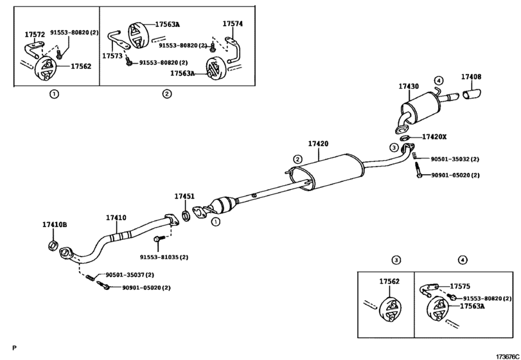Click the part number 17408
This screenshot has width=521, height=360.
471,76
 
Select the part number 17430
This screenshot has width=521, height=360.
409,86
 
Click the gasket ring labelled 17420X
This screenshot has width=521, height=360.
405,138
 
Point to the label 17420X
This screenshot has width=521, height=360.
434,137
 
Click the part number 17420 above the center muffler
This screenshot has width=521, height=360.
318,144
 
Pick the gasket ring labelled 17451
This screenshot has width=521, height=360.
186,215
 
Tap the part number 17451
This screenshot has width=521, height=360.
184,197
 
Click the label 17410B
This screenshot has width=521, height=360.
55,225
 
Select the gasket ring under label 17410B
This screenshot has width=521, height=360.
53,246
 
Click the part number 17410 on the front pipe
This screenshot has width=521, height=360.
116,218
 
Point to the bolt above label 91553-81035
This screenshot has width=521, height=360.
159,239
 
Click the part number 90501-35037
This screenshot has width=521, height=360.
126,275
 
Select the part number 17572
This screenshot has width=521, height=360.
35,34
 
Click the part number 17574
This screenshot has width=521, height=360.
233,24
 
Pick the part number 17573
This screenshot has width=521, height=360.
112,56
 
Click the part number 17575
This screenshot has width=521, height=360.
460,286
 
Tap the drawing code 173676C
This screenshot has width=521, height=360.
508,356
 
